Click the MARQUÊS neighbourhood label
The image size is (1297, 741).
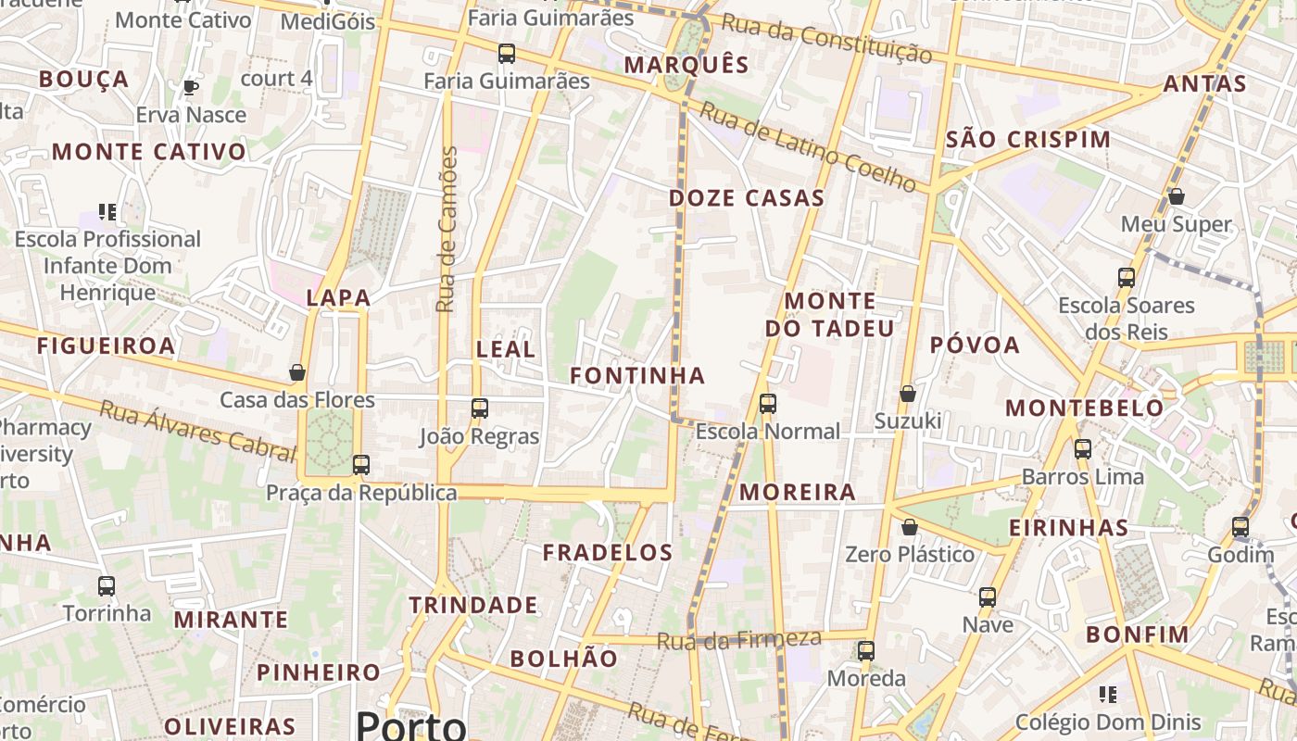pyautogui.click(x=686, y=65)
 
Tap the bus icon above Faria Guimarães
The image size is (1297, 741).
pyautogui.click(x=506, y=54)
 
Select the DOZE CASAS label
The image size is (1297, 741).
pyautogui.click(x=747, y=198)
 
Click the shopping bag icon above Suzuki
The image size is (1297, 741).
pyautogui.click(x=908, y=394)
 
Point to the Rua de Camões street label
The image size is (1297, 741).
pyautogui.click(x=447, y=229)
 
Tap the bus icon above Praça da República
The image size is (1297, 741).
pyautogui.click(x=361, y=464)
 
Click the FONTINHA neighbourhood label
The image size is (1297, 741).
pyautogui.click(x=637, y=375)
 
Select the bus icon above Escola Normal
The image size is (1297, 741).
pyautogui.click(x=767, y=404)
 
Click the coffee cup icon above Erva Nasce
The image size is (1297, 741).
pyautogui.click(x=191, y=88)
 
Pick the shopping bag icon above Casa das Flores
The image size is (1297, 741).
pyautogui.click(x=297, y=372)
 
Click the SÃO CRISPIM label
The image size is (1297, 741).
pyautogui.click(x=1028, y=140)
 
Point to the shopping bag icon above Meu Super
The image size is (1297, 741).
pyautogui.click(x=1176, y=196)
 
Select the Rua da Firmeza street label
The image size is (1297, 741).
pyautogui.click(x=739, y=639)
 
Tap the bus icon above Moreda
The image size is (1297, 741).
pyautogui.click(x=866, y=650)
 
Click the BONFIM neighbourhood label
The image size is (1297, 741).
pyautogui.click(x=1137, y=634)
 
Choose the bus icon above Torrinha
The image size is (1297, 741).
pyautogui.click(x=107, y=585)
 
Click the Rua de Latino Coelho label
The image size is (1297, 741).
pyautogui.click(x=808, y=146)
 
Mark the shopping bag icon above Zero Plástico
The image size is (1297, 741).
pyautogui.click(x=910, y=527)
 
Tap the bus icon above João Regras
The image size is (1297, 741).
pyautogui.click(x=479, y=408)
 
